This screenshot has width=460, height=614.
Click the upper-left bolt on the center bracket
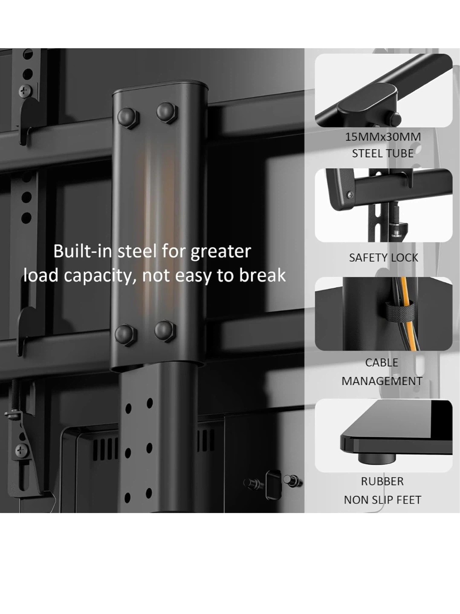coord(128,118)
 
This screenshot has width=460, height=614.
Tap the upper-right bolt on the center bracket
coord(167,113)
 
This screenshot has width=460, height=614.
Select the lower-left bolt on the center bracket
coord(126,336)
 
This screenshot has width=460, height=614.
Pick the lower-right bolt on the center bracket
coord(165,331)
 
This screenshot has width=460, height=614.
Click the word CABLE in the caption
coord(382,362)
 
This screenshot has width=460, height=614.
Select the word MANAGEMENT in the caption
coord(382,381)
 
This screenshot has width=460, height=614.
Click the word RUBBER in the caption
coord(382,481)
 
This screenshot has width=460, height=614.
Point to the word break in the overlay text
coord(262,275)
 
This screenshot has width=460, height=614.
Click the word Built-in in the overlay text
coord(82,251)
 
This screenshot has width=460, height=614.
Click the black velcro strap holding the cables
coord(400,311)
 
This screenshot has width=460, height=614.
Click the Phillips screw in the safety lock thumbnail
coord(350,195)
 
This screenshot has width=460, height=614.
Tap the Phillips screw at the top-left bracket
coord(26,91)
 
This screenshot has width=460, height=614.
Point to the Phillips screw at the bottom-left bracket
coord(22,450)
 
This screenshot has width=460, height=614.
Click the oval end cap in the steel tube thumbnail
coord(367,98)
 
